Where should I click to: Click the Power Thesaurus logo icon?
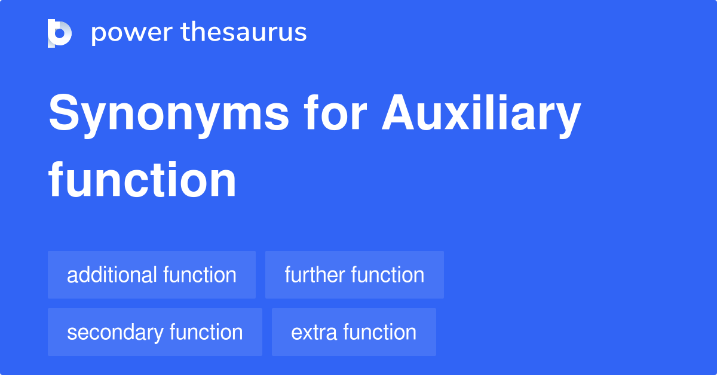point(60,33)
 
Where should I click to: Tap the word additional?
point(112,275)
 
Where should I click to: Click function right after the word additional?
point(200,275)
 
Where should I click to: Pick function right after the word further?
point(388,275)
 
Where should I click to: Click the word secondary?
point(115,332)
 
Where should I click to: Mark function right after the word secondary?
point(206,332)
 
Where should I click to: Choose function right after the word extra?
point(380,332)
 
